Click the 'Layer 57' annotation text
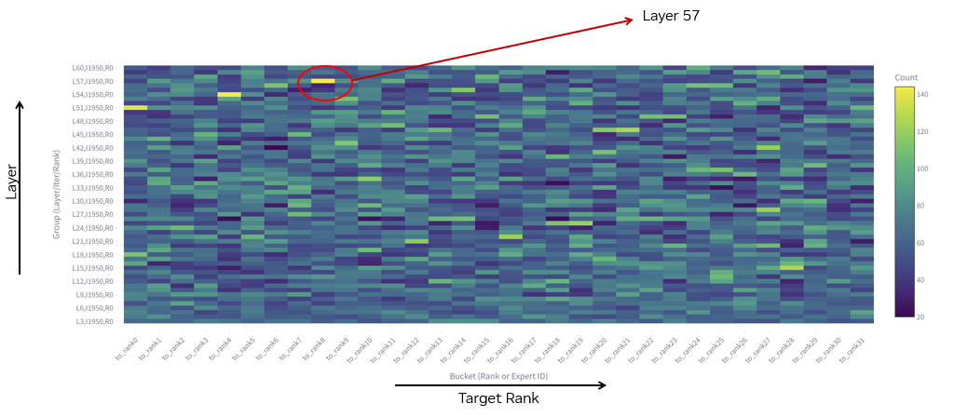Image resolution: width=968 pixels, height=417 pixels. (x=670, y=16)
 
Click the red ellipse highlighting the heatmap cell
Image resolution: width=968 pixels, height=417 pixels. (x=326, y=83)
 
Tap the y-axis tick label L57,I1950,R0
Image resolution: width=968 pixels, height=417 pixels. (x=94, y=81)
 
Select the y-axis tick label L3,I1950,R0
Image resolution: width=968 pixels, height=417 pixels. (x=94, y=321)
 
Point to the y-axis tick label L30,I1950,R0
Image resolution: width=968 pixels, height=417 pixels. (x=94, y=201)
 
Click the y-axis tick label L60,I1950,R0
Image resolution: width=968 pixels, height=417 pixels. (x=94, y=68)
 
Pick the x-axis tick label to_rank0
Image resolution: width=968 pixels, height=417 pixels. (x=127, y=350)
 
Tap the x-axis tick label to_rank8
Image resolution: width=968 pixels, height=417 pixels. (x=314, y=350)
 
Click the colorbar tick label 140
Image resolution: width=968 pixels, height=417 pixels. (x=922, y=95)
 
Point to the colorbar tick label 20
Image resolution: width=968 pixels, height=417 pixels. (x=921, y=316)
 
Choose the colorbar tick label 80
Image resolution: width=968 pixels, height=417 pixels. (x=921, y=206)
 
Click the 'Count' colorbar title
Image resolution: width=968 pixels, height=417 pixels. (x=906, y=77)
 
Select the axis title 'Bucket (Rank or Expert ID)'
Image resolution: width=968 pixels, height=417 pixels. (x=498, y=377)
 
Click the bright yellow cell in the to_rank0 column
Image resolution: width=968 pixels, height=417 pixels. (x=135, y=108)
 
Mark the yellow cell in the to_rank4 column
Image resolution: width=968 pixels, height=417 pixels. (x=229, y=94)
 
